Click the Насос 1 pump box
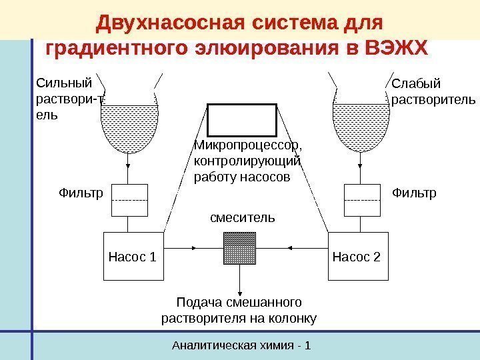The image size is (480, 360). click(133, 256)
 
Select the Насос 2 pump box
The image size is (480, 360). click(356, 256)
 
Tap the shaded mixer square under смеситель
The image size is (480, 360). click(240, 248)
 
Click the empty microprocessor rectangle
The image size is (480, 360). click(241, 120)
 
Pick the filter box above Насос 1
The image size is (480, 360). click(129, 200)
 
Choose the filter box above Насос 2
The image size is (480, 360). click(362, 200)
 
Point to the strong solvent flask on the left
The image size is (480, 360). click(129, 123)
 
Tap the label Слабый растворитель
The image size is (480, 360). click(433, 93)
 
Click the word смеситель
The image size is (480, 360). click(242, 217)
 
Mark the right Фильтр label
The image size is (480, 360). click(413, 194)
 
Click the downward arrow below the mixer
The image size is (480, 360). click(240, 277)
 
